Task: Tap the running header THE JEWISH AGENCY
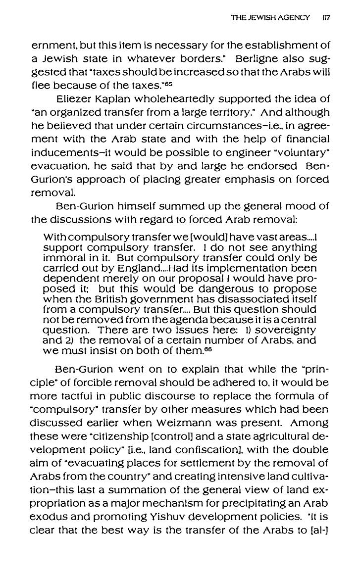[270, 17]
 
